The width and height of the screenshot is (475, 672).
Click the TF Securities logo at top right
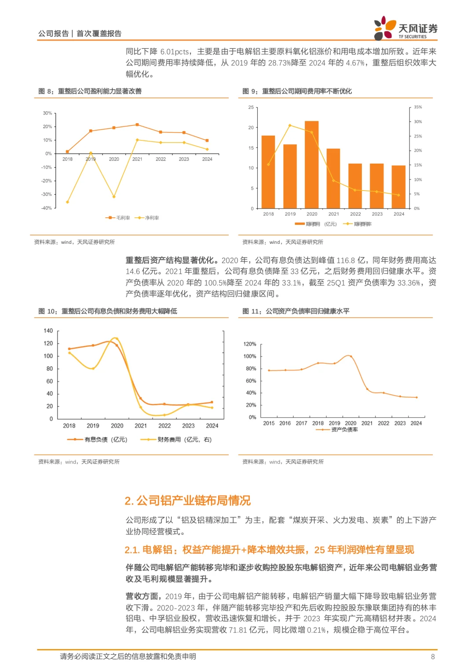point(406,28)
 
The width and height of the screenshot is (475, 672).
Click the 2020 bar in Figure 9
point(311,165)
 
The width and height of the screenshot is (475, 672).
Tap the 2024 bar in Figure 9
point(398,187)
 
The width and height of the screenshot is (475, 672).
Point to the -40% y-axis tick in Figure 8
point(47,208)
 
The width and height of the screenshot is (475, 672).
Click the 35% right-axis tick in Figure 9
point(418,107)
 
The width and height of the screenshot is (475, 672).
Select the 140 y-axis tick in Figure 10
point(48,330)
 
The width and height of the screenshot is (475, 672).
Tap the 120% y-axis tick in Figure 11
point(250,344)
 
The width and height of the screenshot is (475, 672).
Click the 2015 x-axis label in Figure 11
point(269,423)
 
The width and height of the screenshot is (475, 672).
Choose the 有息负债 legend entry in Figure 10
point(98,440)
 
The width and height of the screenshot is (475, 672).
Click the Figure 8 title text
point(90,91)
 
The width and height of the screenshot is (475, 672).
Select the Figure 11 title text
point(296,311)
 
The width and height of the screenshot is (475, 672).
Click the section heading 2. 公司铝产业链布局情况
point(188,501)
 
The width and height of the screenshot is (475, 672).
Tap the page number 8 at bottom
point(433,657)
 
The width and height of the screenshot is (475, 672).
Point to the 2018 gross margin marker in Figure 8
point(67,151)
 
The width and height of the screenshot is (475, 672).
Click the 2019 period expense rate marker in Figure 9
point(290,125)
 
